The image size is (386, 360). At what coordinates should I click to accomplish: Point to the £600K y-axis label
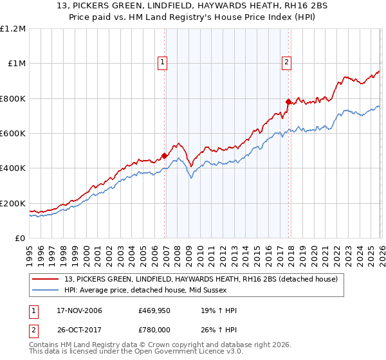click(13, 134)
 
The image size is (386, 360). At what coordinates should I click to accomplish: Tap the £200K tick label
click(13, 204)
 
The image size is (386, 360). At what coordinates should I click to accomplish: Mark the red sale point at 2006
click(164, 156)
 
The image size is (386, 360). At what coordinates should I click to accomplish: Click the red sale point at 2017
click(288, 101)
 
